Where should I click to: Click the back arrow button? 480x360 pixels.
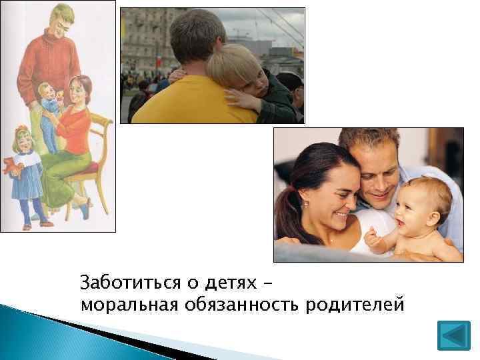453,335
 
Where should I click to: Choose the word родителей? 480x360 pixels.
355,305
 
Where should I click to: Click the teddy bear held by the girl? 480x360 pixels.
11,166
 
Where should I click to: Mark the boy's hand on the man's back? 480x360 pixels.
243,100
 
